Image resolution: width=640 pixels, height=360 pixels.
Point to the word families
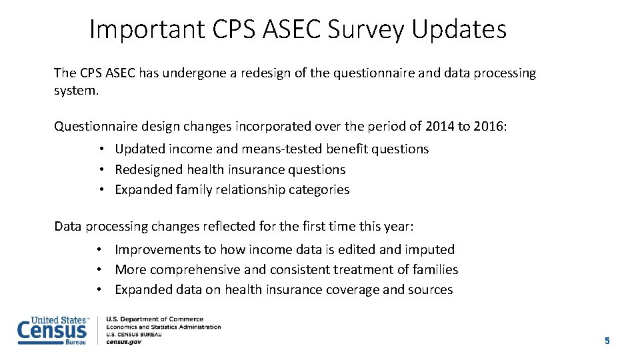click(435, 270)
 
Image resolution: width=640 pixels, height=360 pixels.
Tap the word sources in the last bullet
click(430, 290)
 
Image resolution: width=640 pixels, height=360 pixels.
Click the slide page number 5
click(607, 341)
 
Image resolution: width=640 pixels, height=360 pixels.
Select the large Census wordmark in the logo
click(51, 331)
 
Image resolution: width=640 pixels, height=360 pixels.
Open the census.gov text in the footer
click(124, 341)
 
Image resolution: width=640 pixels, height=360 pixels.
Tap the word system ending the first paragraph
click(75, 91)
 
